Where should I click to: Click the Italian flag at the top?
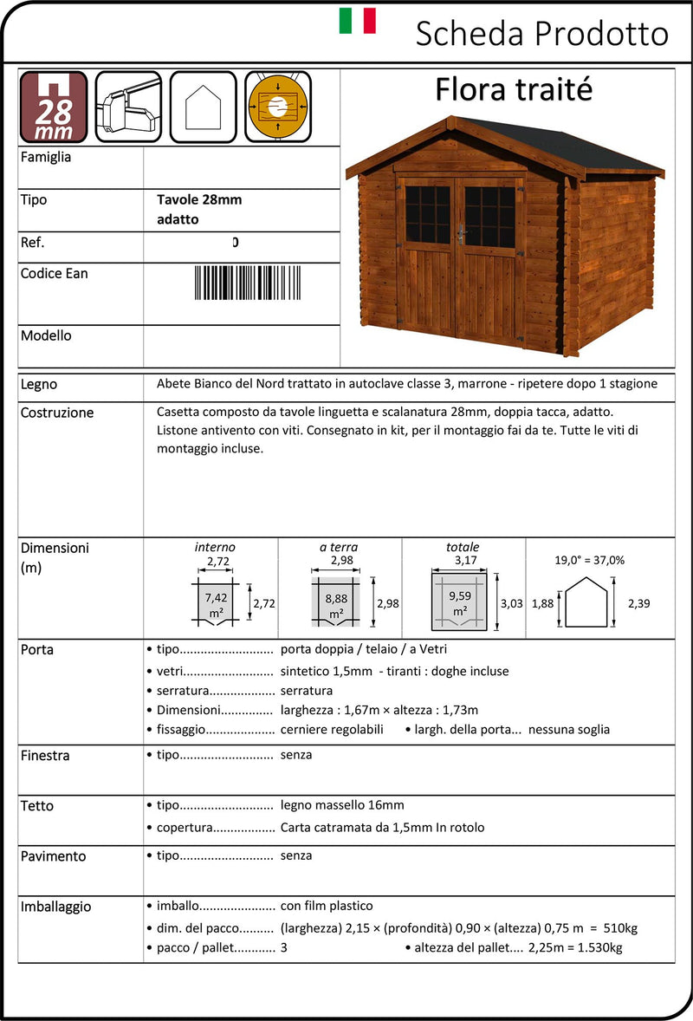357,21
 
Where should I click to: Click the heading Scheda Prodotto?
541,34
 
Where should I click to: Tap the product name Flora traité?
514,89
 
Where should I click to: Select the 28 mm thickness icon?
54,107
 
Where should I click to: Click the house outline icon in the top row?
203,107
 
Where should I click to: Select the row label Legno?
39,384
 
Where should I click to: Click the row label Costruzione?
57,413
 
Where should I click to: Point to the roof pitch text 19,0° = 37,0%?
590,560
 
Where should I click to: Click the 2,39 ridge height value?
638,603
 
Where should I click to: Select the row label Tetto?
37,806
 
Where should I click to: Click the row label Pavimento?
54,856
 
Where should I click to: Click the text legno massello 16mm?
342,805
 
